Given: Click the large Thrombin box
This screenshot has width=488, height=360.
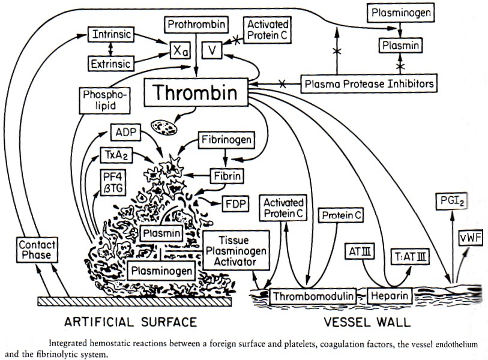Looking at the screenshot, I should tap(197, 94).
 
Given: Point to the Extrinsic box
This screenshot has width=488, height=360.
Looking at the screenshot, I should tap(110, 62).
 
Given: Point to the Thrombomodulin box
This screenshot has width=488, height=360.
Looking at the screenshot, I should tap(309, 296).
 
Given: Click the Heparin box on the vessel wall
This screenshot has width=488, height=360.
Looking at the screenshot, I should tap(389, 296).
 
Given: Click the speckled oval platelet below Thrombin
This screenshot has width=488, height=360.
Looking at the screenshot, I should tap(163, 126).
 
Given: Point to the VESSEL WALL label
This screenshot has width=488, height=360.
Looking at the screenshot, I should tap(367, 322).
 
